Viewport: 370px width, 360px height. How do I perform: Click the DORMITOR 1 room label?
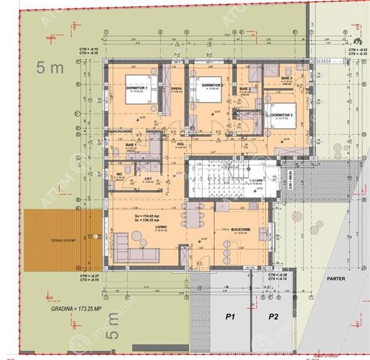point(137,88)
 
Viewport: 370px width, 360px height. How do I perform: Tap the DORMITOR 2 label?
point(212,85)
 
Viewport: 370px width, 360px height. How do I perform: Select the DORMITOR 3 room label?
point(282,114)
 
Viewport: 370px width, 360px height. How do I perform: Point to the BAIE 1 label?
point(131,146)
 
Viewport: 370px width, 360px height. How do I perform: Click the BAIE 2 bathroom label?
point(245,89)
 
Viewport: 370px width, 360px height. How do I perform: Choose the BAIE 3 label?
point(286,78)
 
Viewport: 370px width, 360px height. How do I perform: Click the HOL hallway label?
point(181,145)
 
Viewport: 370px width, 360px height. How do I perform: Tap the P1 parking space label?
point(229,317)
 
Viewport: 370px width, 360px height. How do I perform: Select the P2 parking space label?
point(273,317)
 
